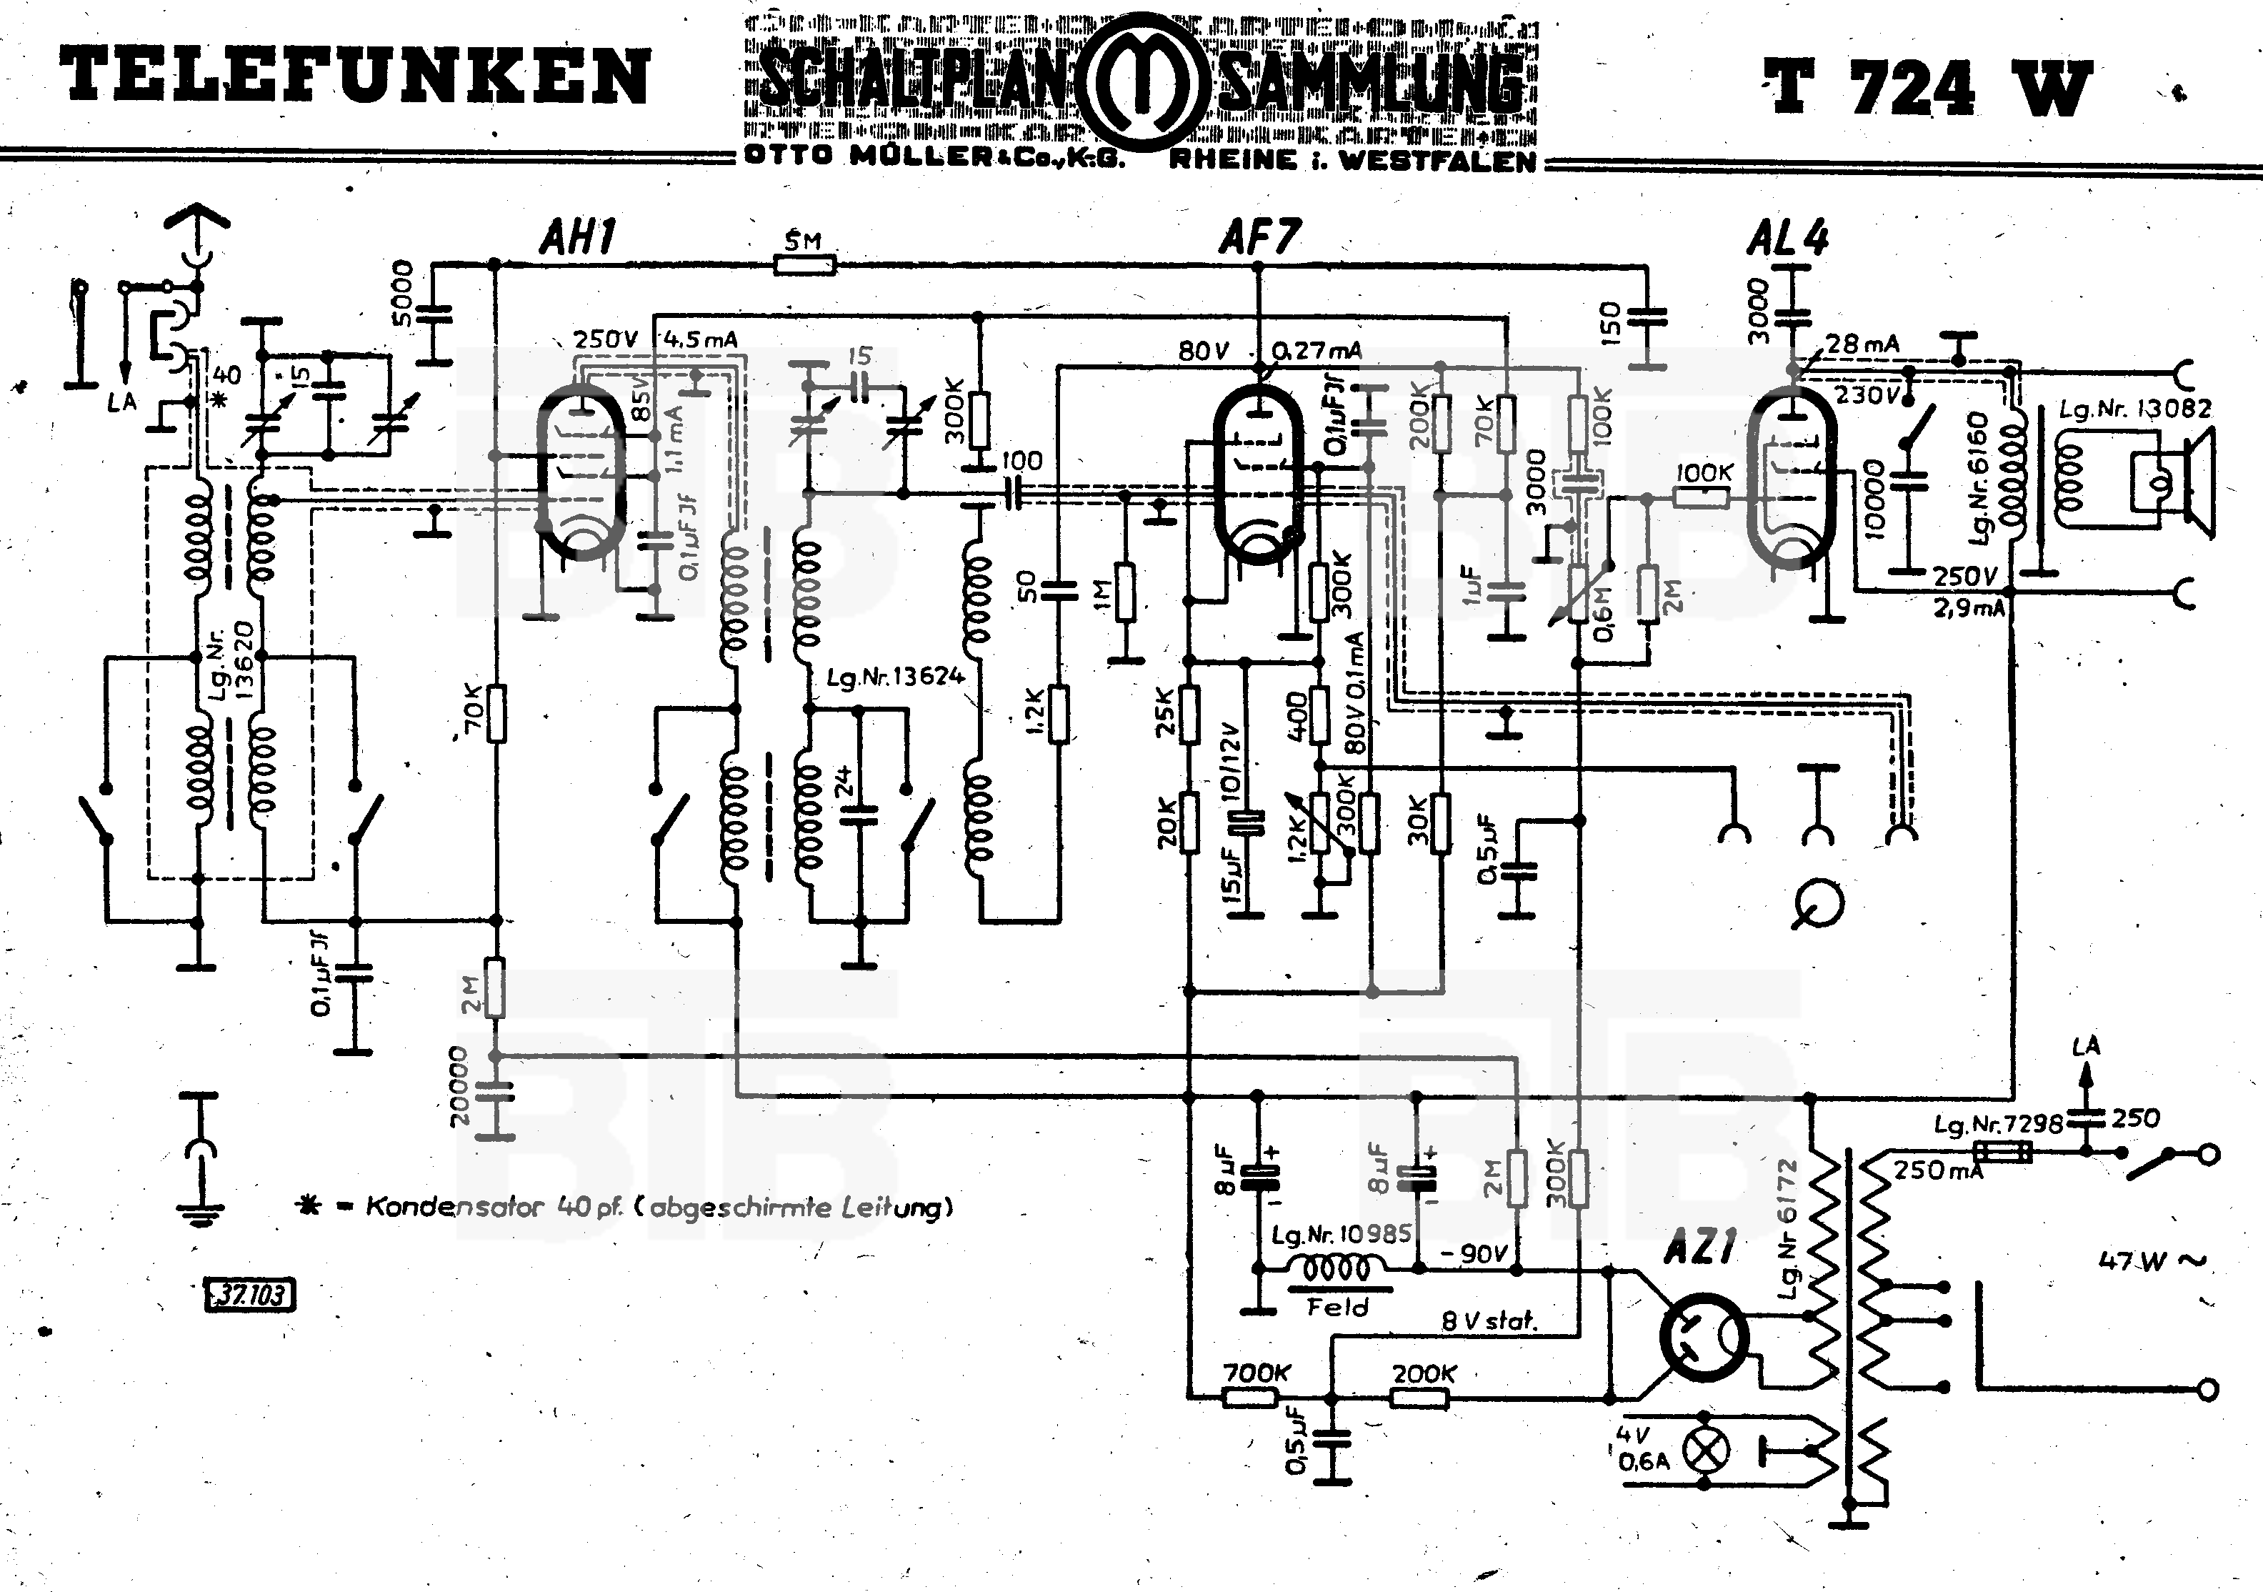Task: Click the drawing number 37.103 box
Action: (x=249, y=1293)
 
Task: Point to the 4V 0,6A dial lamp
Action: (x=1705, y=1449)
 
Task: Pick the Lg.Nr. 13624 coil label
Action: (x=895, y=676)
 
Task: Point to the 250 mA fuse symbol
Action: (x=2003, y=1151)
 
